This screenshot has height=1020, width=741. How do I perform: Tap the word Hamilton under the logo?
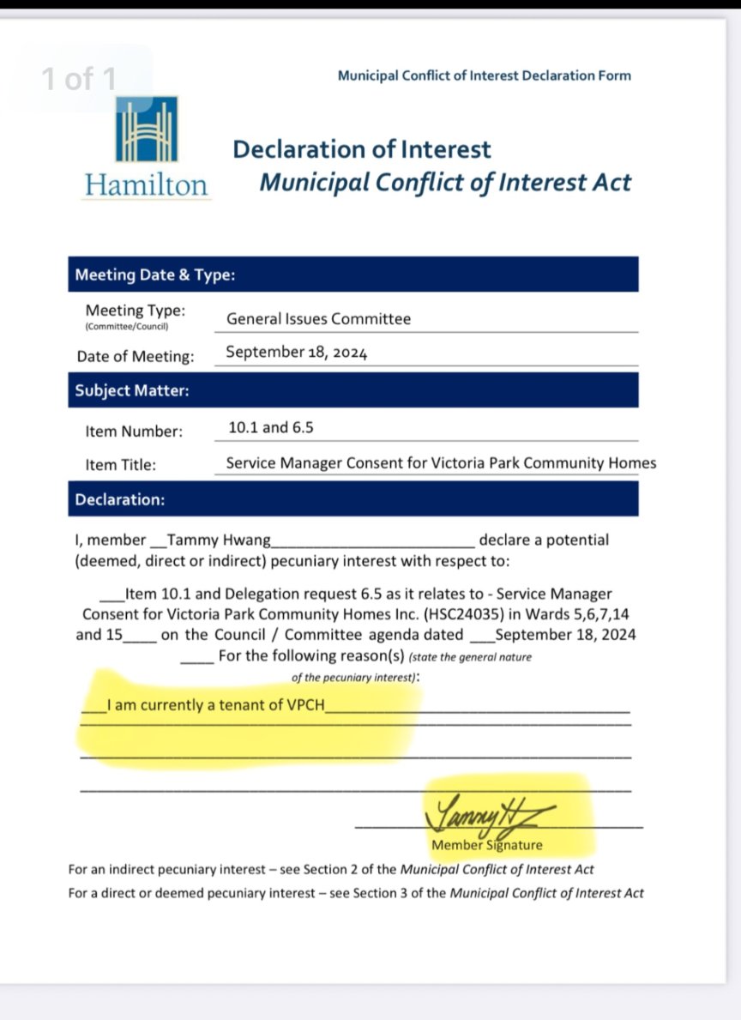coord(146,185)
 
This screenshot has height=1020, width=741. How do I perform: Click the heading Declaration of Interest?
coord(361,149)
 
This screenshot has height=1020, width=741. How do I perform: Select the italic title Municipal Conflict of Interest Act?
coord(445,183)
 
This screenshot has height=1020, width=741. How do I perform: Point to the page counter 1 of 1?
coord(79,80)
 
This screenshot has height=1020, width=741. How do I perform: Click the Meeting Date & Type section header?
coord(154,275)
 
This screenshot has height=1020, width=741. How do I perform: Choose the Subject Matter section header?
coord(132,390)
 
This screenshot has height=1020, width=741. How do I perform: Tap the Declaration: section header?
coord(120,499)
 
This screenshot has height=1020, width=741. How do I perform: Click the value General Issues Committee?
coord(318,319)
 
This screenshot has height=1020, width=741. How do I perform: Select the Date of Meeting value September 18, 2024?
coord(296,352)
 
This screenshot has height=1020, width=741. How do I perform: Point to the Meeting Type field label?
coord(135,311)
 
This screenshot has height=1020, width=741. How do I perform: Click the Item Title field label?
coord(120,465)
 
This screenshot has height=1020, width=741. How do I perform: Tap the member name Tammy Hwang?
coord(219,540)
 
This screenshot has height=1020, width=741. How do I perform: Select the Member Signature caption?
coord(486,845)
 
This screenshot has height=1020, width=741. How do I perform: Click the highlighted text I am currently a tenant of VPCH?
coord(217,708)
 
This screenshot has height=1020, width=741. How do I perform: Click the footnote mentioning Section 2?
coord(331,869)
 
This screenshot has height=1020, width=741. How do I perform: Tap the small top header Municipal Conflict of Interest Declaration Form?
coord(484,75)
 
